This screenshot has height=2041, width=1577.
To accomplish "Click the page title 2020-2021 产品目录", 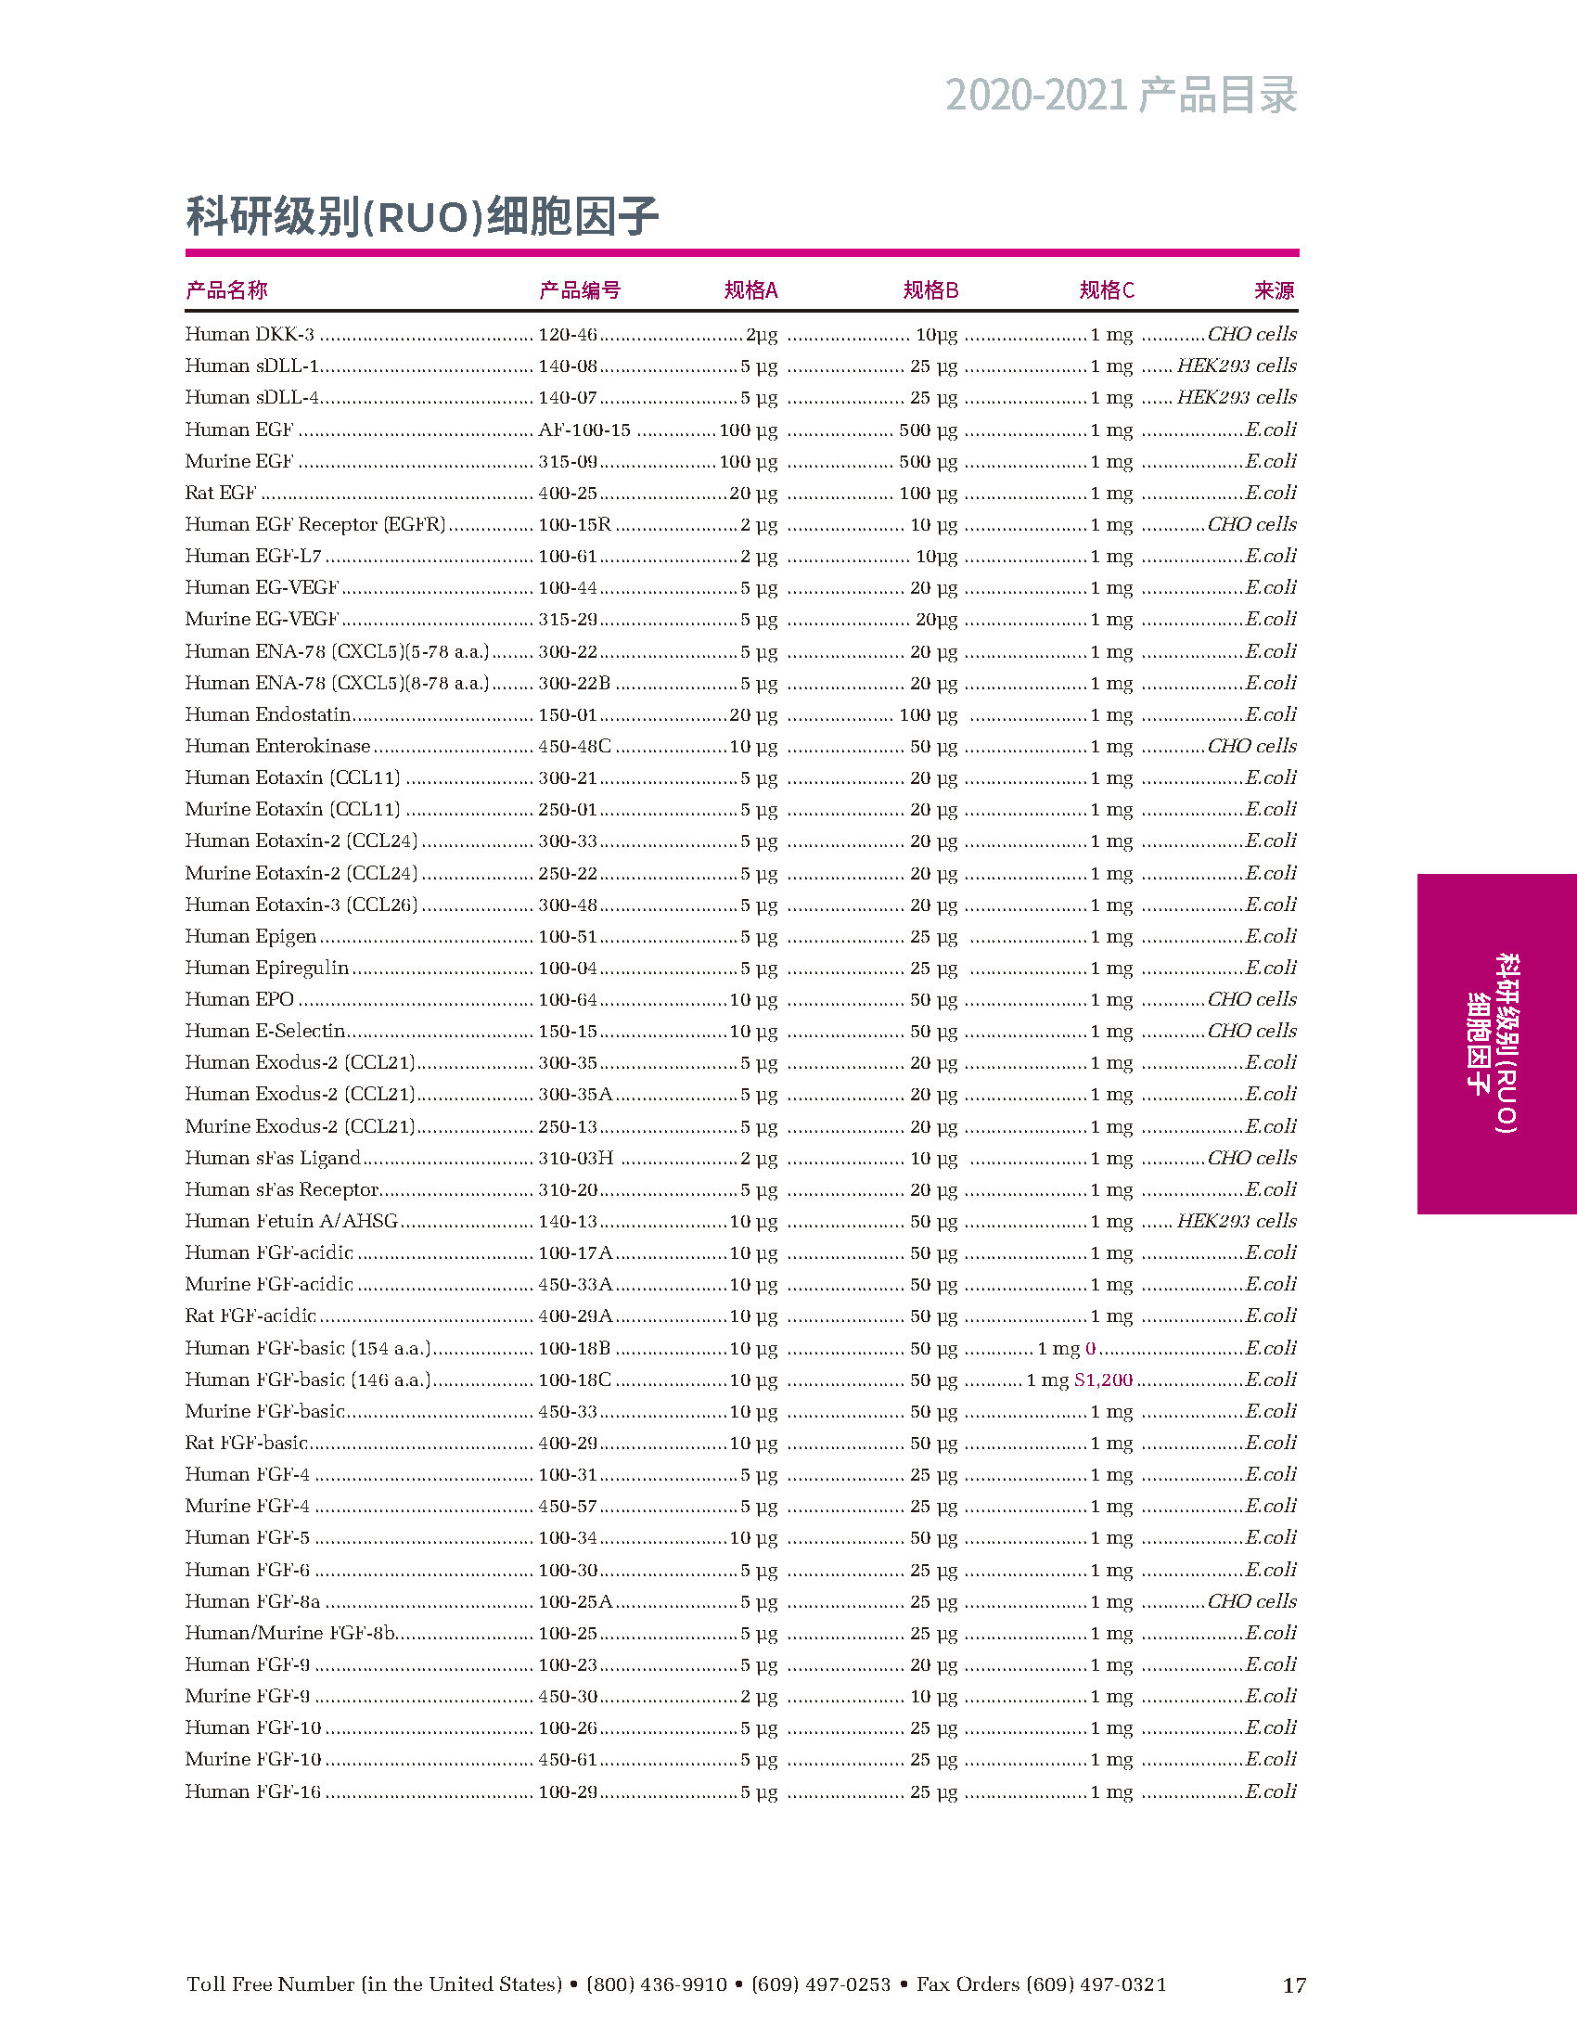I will point(1121,96).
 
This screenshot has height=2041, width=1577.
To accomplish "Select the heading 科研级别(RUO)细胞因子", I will point(422,217).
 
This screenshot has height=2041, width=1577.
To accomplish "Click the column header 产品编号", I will point(579,290).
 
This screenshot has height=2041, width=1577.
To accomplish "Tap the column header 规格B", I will point(930,290).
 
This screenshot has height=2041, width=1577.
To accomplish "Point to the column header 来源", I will point(1275,290).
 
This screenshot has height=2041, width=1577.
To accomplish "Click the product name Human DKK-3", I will point(250,335).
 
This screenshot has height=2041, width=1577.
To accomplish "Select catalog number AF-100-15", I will point(583,430).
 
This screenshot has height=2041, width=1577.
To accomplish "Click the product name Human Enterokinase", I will point(277,747).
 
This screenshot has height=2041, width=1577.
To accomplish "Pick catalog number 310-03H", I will point(575,1159).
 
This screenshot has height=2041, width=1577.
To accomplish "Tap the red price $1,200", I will point(1103,1380).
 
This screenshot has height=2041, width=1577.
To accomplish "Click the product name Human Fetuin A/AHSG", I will point(291,1222).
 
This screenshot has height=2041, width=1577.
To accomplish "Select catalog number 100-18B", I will point(574,1349).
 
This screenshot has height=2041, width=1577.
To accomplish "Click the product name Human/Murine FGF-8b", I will point(290,1634).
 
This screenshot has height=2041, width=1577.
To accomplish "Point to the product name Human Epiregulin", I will point(267,969).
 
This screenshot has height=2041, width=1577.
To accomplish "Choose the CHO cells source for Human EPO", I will point(1252,1000).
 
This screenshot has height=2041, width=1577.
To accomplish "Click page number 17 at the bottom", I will point(1293,1985).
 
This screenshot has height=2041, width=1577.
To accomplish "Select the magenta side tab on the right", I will point(1495,1043).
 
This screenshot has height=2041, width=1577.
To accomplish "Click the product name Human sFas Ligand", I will point(273,1159).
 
